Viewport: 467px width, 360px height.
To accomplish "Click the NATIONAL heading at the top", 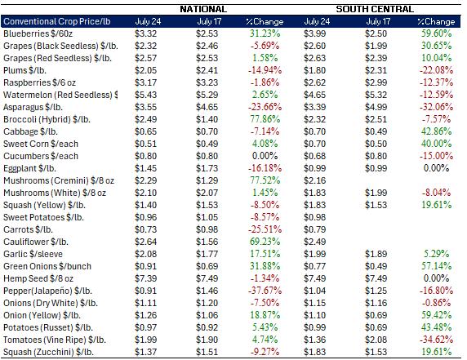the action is tap(203, 9).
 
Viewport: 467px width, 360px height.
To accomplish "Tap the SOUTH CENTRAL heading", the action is tap(375, 9).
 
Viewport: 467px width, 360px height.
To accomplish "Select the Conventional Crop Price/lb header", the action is tap(57, 21).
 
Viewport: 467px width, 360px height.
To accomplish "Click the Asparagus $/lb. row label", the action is tap(33, 107).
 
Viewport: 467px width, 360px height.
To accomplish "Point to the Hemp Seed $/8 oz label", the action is tap(38, 278).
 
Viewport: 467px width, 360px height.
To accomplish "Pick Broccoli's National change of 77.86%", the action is tap(265, 119).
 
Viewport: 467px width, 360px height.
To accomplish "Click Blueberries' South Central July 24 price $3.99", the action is tap(315, 33).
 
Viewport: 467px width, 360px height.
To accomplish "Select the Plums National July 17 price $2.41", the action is tap(207, 70).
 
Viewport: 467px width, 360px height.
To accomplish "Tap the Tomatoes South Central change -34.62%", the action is tap(436, 340).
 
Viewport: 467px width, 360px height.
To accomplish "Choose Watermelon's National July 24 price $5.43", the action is tap(145, 95).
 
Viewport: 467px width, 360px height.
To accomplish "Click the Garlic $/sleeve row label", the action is tap(33, 254).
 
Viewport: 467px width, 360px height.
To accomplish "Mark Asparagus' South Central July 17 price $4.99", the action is tap(376, 107).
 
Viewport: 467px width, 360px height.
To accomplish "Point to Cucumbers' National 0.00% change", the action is tap(265, 156).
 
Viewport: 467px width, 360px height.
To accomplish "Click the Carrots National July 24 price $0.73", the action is tap(145, 229).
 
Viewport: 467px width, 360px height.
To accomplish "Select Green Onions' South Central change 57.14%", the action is tap(436, 266).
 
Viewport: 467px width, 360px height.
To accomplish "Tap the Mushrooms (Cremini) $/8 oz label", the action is tap(59, 180).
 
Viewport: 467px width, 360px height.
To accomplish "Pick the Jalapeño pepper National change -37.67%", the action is tap(265, 291).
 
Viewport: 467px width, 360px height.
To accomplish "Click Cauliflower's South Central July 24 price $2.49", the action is tap(315, 242).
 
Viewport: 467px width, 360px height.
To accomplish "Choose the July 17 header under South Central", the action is tap(378, 21).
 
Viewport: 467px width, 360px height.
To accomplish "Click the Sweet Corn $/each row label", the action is tap(41, 144).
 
